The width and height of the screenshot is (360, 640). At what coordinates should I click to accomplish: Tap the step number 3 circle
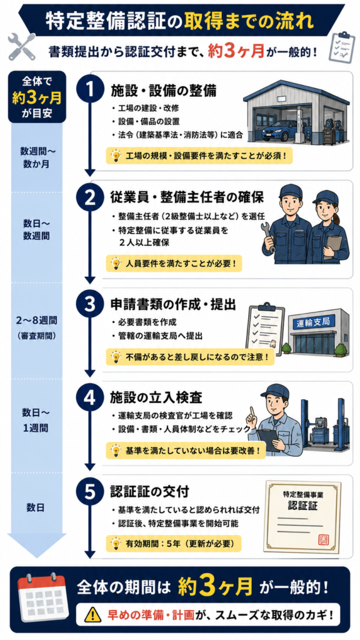coord(89,304)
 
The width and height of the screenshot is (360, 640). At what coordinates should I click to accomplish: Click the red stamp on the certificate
coord(322,539)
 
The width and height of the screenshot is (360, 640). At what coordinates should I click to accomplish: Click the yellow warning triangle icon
coord(92,614)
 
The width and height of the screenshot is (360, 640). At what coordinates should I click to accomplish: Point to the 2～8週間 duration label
coord(37,320)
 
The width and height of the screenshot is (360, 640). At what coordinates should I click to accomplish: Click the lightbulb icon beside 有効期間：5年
coord(116,543)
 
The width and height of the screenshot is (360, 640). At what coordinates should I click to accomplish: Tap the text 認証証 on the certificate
coord(303,505)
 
